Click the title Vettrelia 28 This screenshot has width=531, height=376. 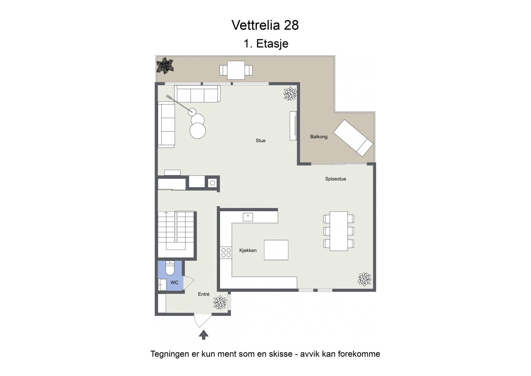[x=265, y=25]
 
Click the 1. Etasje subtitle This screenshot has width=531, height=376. [x=266, y=44]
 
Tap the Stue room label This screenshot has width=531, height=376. [x=261, y=141]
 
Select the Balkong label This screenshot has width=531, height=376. [x=319, y=137]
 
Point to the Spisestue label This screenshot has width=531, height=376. [x=336, y=179]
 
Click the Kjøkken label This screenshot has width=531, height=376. [x=248, y=250]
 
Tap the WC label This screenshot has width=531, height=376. [x=174, y=283]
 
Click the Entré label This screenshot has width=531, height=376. [x=204, y=294]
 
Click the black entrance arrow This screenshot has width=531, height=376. [x=203, y=335]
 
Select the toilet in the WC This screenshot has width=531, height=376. [x=170, y=268]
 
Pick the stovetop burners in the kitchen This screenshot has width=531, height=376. [x=226, y=253]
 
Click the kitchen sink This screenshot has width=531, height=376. [x=248, y=217]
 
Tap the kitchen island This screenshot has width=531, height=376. [x=276, y=250]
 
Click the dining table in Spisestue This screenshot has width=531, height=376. [x=339, y=231]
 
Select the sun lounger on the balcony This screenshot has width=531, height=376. [x=353, y=138]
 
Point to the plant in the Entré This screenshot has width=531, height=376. [x=220, y=303]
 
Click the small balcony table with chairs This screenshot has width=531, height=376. [x=236, y=70]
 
